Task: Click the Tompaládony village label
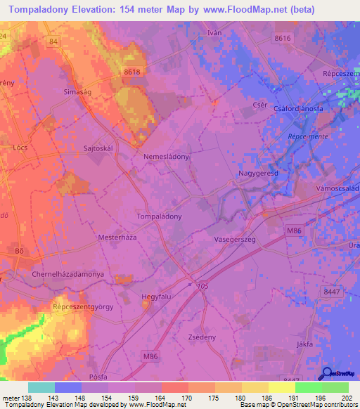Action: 158,216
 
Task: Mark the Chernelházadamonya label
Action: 68,273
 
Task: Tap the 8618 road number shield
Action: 131,72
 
